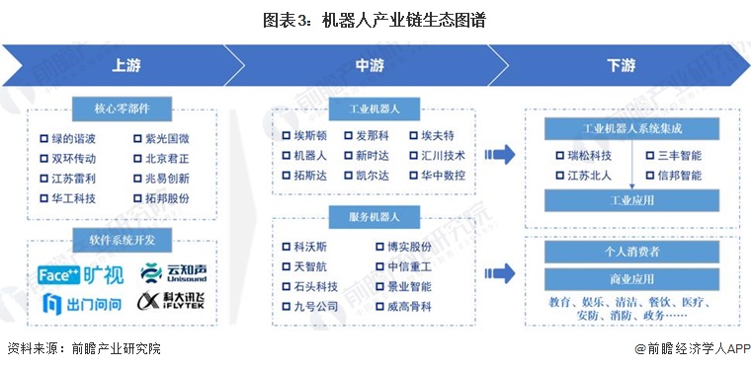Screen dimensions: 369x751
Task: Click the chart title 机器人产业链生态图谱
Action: click(x=375, y=19)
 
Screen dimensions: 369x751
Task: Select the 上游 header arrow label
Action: click(x=125, y=66)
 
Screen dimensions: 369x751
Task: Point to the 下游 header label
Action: click(x=621, y=66)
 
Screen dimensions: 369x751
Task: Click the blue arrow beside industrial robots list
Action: click(x=501, y=154)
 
